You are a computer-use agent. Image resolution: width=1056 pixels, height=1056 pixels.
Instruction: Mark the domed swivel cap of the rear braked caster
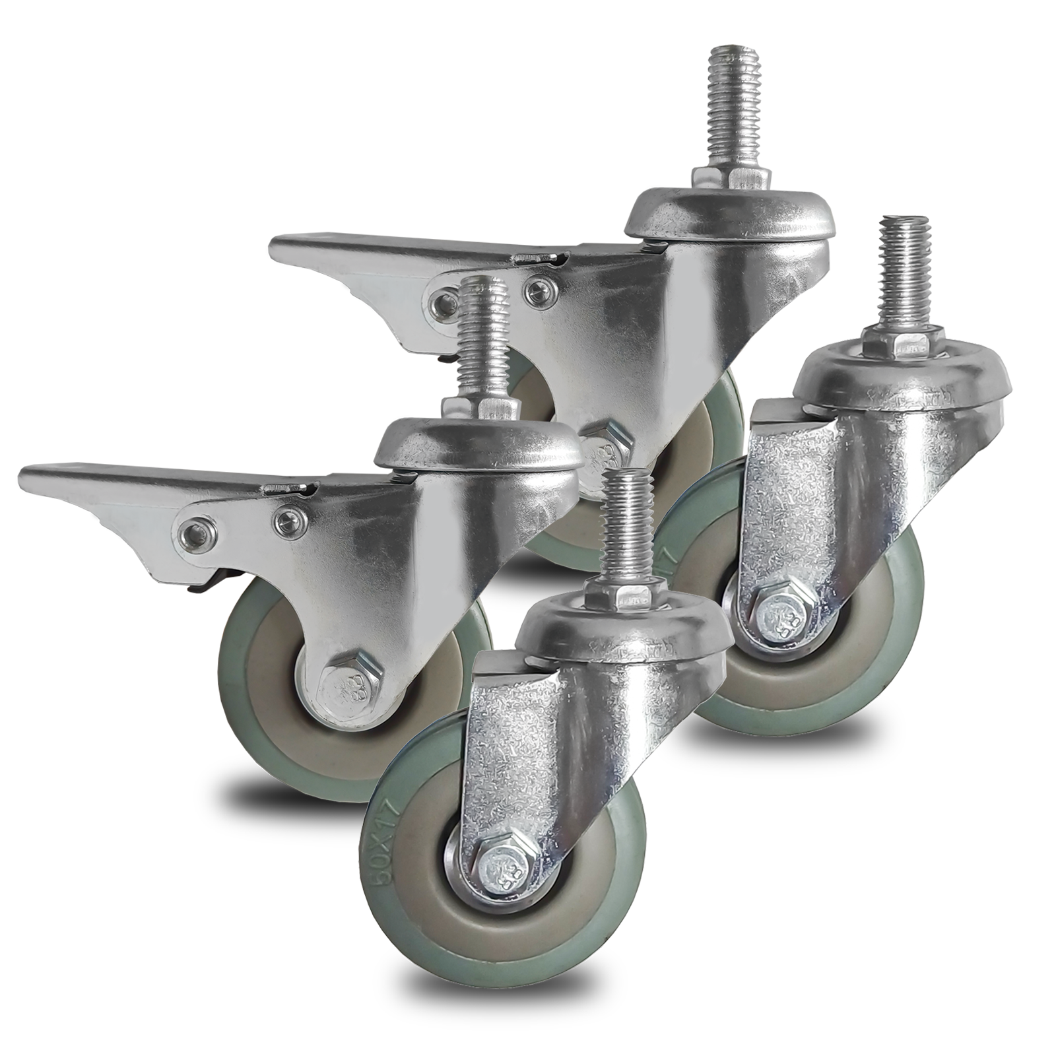click(726, 211)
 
